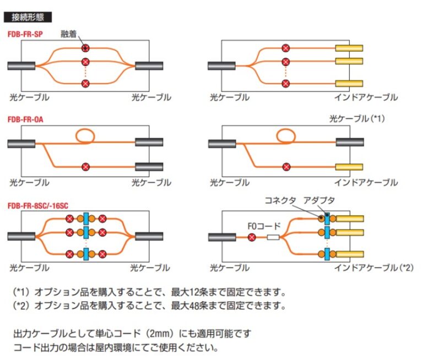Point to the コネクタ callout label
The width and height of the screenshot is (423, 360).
[x=281, y=200]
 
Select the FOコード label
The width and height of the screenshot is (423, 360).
[x=266, y=226]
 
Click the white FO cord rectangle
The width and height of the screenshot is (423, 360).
[x=274, y=238]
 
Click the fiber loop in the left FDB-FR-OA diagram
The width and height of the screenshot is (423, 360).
[x=85, y=134]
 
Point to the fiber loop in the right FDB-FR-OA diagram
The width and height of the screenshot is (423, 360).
[x=285, y=134]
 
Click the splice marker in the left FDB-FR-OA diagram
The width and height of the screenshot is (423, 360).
[x=85, y=166]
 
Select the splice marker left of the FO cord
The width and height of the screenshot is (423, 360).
[x=252, y=238]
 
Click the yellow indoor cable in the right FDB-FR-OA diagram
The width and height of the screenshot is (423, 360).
[x=349, y=166]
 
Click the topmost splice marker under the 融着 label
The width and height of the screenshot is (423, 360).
[x=85, y=48]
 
